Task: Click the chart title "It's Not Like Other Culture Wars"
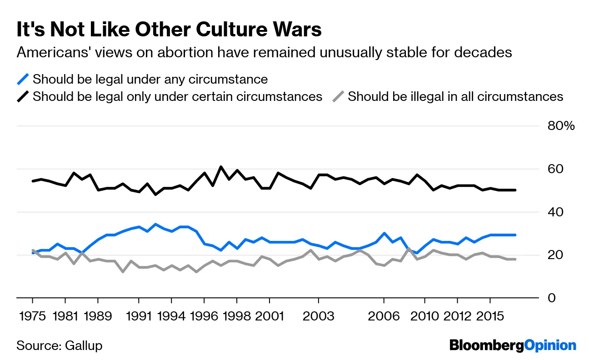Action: (x=169, y=30)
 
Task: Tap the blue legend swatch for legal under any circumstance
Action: (x=23, y=79)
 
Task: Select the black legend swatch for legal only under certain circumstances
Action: (x=23, y=97)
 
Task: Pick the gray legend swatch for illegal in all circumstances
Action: (x=338, y=97)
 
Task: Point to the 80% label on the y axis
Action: (x=561, y=126)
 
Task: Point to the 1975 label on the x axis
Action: (x=33, y=316)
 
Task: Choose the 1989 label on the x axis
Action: (x=98, y=316)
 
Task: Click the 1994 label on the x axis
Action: (x=171, y=316)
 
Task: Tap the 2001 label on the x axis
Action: (x=270, y=316)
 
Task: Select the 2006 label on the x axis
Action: (x=384, y=316)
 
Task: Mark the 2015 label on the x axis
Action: (x=490, y=316)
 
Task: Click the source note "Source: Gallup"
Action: (x=60, y=345)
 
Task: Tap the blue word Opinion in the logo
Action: (x=550, y=345)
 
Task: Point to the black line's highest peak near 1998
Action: (x=220, y=167)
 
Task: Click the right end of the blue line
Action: (x=515, y=235)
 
